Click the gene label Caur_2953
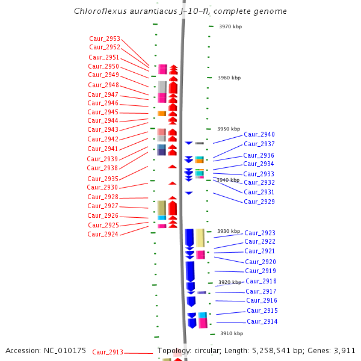105,39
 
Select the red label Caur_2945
103,112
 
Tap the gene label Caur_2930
102,187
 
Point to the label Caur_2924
103,235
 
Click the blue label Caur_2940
259,134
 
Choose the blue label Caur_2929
259,202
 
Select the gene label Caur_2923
260,233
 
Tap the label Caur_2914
262,322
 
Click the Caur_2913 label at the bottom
108,352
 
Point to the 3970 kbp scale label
230,26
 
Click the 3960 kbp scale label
229,78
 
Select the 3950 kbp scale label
229,129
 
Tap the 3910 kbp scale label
232,333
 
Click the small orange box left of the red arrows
162,114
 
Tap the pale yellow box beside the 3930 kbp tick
200,238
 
